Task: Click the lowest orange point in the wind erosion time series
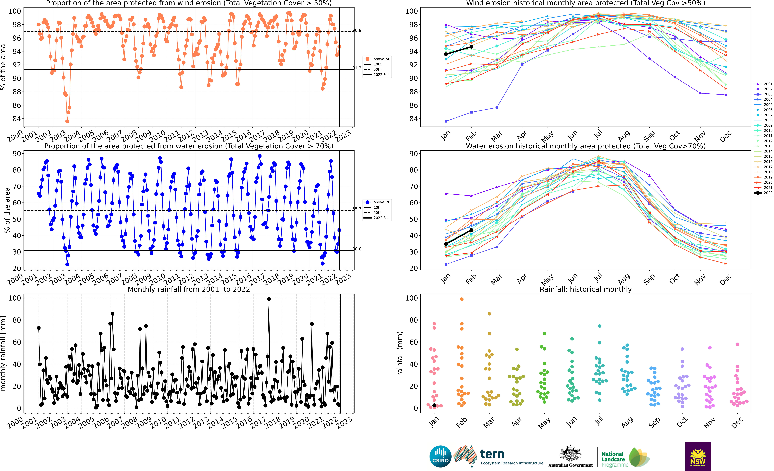click(67, 121)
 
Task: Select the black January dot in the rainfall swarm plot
click(434, 405)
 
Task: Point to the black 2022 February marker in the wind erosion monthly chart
click(471, 47)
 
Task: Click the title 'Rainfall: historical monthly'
click(586, 289)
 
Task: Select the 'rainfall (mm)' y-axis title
click(400, 353)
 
